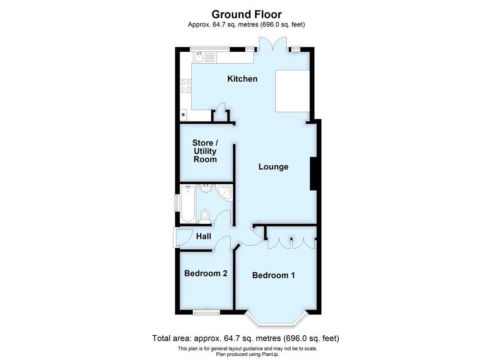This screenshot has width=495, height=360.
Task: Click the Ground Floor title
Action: (x=247, y=14)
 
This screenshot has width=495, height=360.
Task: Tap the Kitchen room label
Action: (x=242, y=79)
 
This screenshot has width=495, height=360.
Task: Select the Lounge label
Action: (x=273, y=167)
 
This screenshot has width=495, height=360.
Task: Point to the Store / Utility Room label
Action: (x=205, y=151)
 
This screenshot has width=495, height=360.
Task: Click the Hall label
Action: (x=203, y=236)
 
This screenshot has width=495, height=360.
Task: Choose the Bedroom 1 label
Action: (x=273, y=275)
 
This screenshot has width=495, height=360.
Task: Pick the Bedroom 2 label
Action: (x=206, y=273)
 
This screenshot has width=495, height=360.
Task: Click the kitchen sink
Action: (x=199, y=57)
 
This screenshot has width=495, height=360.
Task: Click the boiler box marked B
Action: (x=183, y=115)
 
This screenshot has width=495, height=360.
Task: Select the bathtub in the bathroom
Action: (x=188, y=205)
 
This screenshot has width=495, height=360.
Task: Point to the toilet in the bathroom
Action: (x=204, y=215)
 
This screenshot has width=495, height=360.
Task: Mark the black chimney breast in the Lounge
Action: (x=314, y=174)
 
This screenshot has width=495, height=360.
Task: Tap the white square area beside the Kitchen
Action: (x=292, y=91)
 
